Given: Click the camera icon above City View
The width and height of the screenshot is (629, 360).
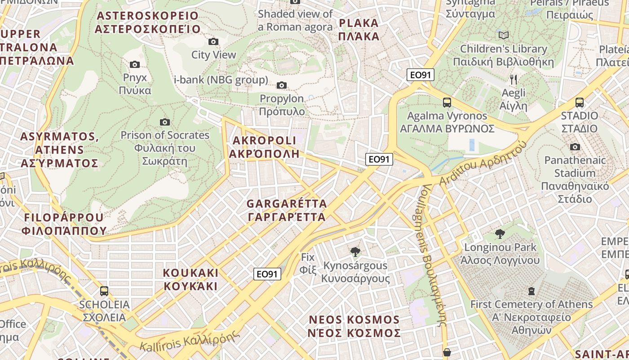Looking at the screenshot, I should [213, 42].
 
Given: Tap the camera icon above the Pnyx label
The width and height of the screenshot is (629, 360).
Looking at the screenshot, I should [134, 65].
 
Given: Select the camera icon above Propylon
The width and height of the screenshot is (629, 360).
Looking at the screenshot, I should [282, 85].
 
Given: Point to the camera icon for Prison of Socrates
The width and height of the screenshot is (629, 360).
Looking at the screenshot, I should [165, 122].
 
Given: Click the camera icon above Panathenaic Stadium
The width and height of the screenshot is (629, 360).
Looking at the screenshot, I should [575, 147].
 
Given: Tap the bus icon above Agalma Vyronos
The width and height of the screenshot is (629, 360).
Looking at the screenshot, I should [447, 103].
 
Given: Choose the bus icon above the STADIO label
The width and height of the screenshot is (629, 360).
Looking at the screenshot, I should [580, 103].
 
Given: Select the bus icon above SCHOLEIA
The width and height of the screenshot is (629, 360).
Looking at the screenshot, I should [104, 291].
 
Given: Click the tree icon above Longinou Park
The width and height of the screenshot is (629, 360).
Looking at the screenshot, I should [500, 234].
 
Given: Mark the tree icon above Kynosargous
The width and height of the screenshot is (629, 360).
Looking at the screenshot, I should [355, 252].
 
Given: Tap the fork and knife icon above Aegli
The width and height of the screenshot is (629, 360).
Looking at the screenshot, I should [514, 80].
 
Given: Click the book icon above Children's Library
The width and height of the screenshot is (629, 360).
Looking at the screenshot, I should [504, 35].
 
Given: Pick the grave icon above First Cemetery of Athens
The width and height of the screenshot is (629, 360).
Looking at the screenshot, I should [532, 291].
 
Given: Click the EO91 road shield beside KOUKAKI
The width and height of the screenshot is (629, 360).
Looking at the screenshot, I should [267, 274].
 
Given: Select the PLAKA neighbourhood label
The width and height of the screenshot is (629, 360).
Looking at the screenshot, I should [359, 30].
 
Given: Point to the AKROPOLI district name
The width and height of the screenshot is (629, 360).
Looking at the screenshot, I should [264, 147].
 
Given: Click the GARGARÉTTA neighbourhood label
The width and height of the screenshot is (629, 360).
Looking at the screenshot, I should [287, 211].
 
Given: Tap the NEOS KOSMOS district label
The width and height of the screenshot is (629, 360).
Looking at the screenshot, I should [354, 326].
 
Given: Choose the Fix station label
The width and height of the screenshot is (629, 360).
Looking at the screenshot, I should [308, 263].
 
